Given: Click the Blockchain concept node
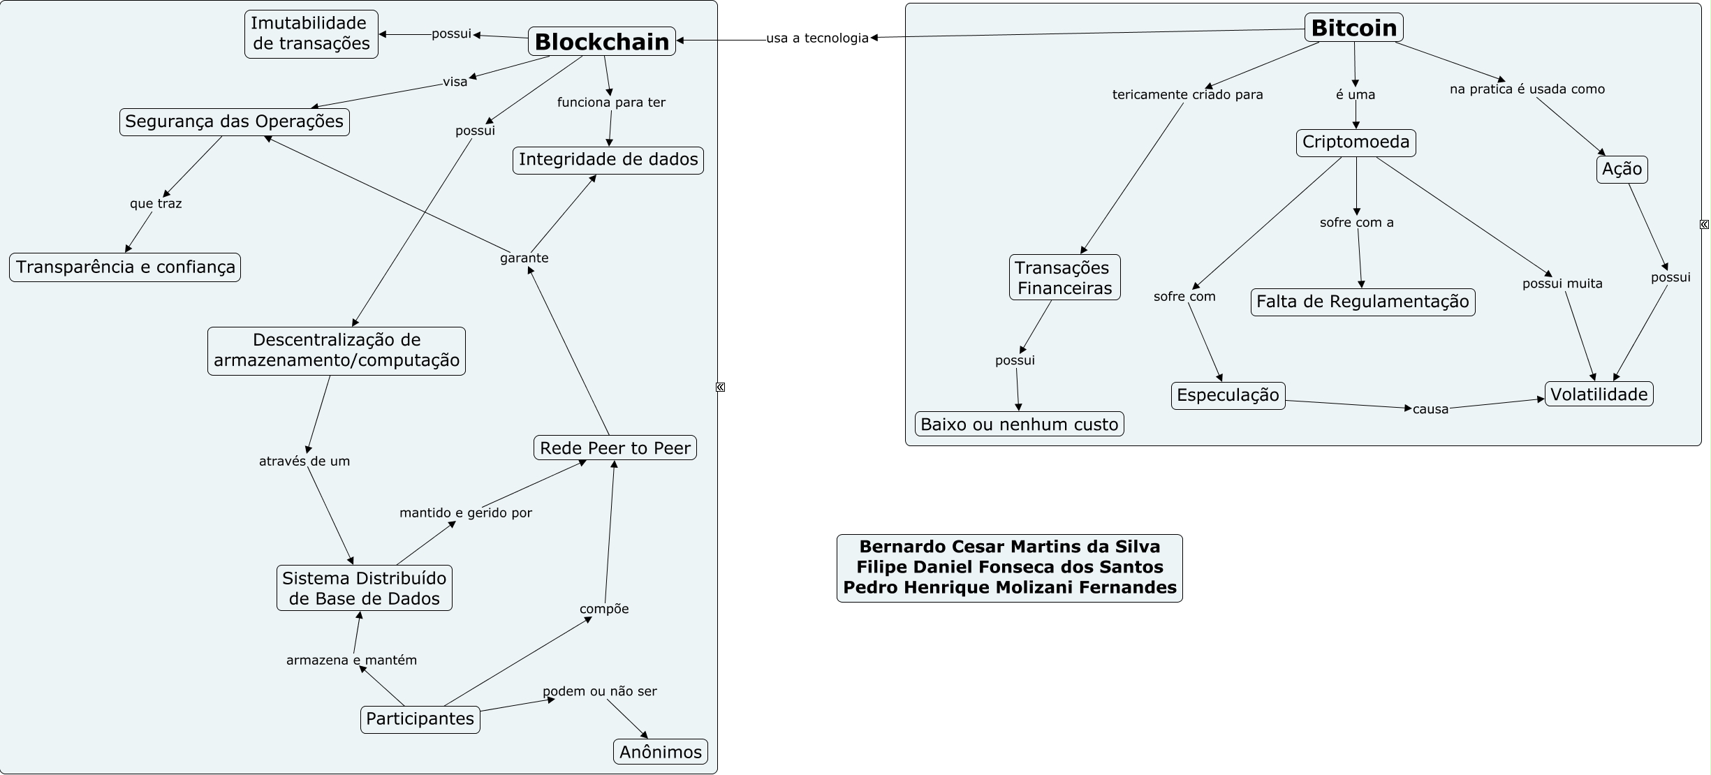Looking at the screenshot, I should [x=601, y=42].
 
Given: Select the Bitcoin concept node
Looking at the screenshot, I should [x=1353, y=28].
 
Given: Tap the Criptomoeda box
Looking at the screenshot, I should [x=1356, y=142].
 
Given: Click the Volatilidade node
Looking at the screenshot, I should [x=1599, y=394].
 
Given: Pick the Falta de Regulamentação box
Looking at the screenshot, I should [x=1363, y=302].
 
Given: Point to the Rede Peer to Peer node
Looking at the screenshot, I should [x=615, y=448].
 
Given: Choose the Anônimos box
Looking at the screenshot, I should [x=660, y=752].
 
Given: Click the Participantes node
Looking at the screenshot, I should [x=420, y=719].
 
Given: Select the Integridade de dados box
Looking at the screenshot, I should [x=608, y=160].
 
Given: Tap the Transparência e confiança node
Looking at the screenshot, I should [x=125, y=267].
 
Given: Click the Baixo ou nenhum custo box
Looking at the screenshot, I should [x=1019, y=424].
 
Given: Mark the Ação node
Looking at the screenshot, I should [x=1622, y=170].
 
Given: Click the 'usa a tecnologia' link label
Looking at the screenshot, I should [x=817, y=38].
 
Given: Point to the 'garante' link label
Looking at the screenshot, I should [x=524, y=258].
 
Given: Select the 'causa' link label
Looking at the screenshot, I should [x=1430, y=409].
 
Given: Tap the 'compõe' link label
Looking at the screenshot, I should [x=604, y=609].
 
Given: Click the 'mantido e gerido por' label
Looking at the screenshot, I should [x=465, y=513].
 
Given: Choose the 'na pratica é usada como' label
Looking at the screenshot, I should [x=1527, y=89].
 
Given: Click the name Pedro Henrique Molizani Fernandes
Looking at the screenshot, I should [x=1009, y=588].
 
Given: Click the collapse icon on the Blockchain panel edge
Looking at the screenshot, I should [x=720, y=387].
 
